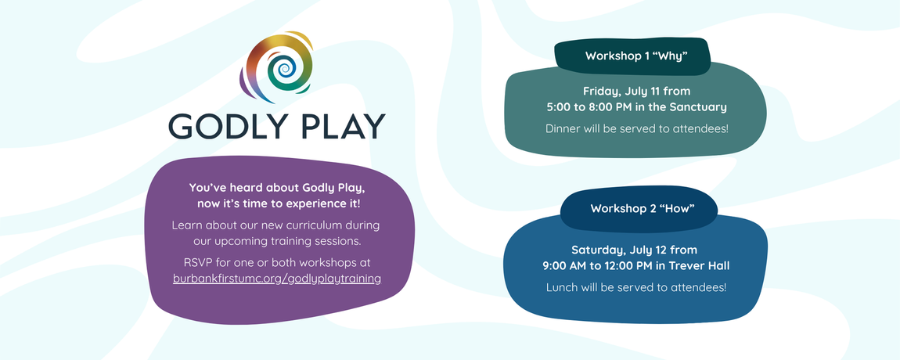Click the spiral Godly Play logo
pos(277,68)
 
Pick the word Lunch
pos(562,287)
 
